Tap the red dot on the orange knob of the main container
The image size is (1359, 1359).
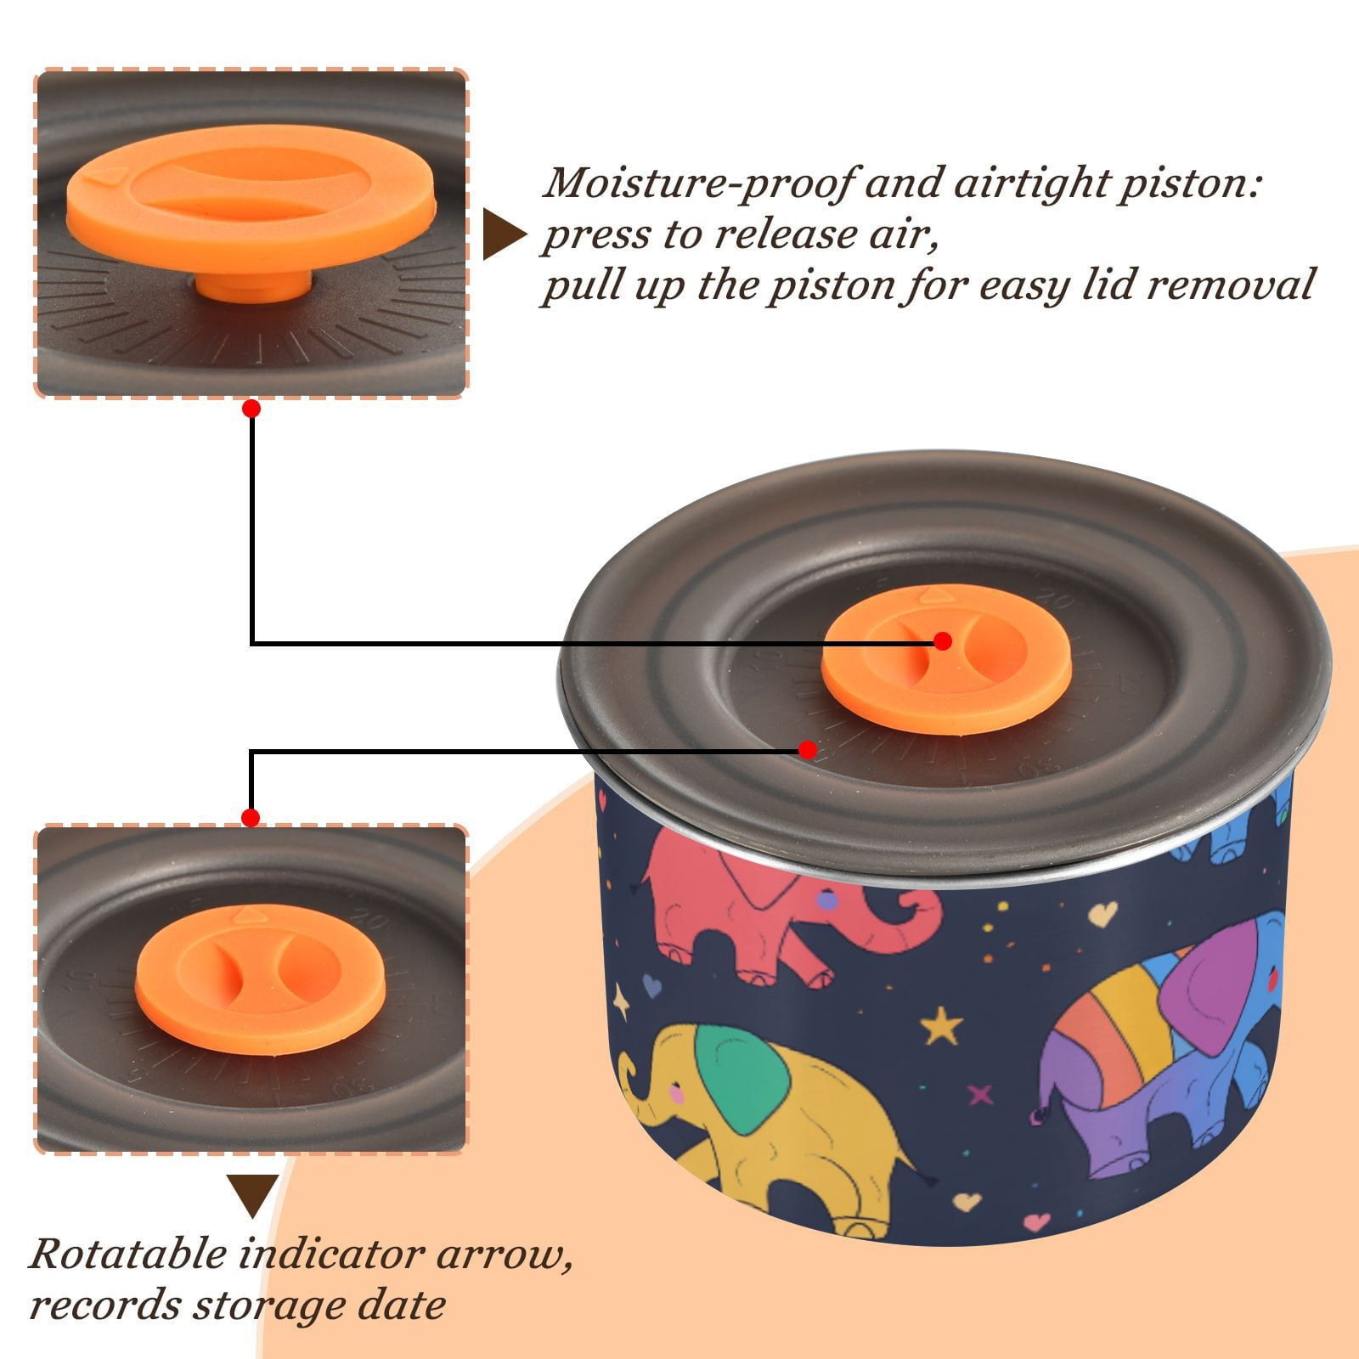point(942,641)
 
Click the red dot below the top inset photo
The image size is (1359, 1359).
point(251,409)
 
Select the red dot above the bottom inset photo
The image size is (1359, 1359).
point(251,818)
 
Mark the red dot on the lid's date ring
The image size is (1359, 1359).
point(808,750)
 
